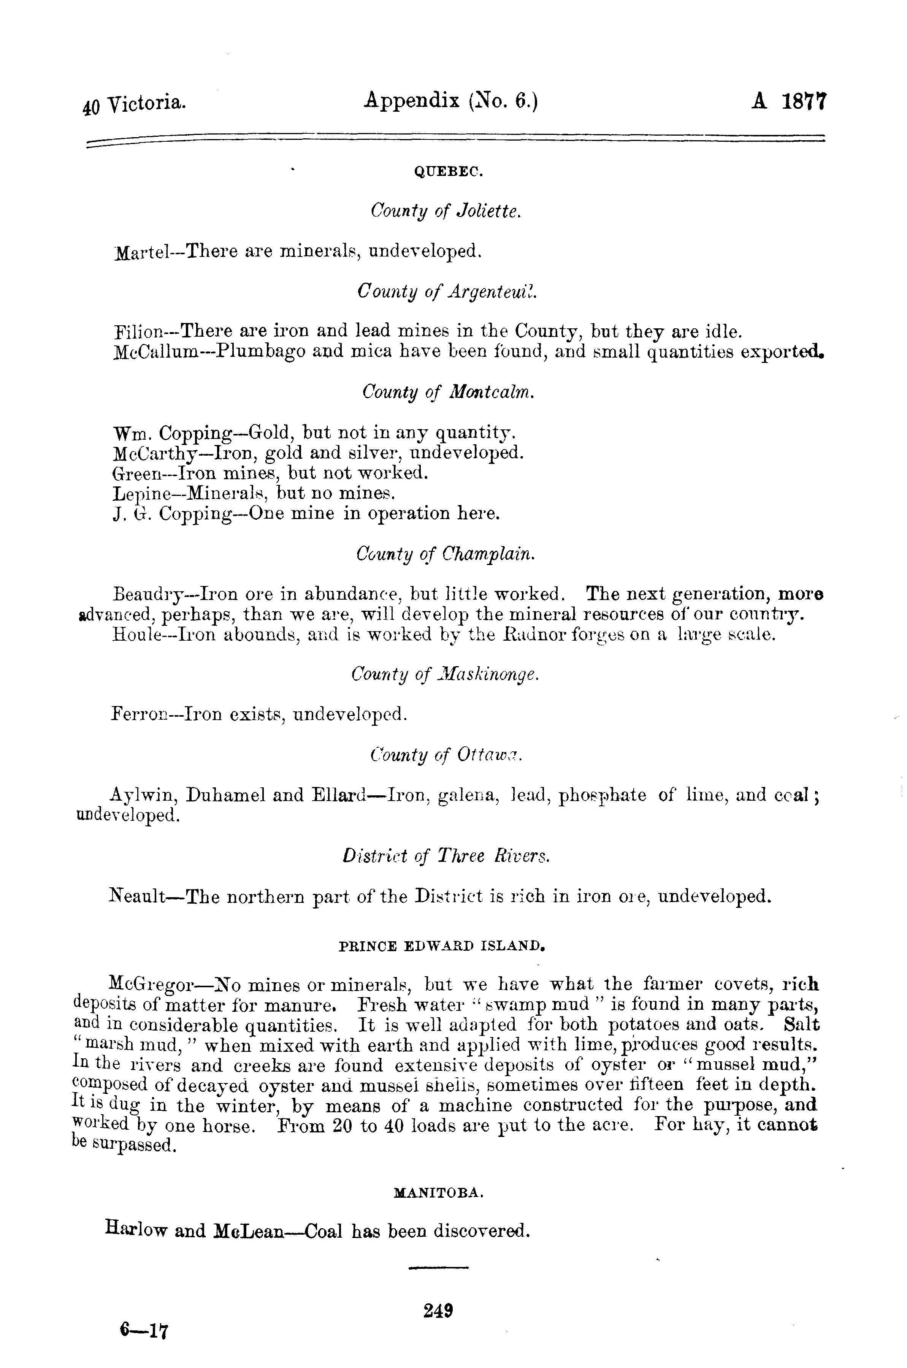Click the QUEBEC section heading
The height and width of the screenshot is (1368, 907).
[x=449, y=172]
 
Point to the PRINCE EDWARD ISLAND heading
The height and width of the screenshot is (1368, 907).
[x=441, y=947]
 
